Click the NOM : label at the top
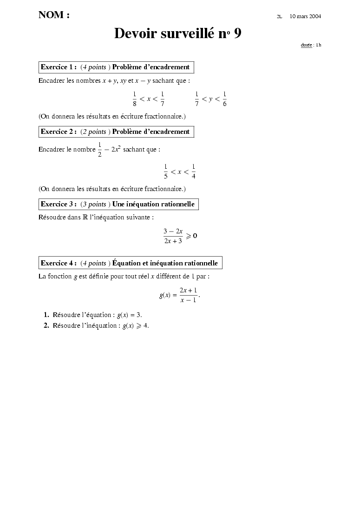[54, 15]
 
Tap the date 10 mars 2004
[305, 16]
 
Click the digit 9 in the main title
[237, 33]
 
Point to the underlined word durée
[306, 45]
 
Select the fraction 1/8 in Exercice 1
[134, 99]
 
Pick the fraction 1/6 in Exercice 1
[224, 99]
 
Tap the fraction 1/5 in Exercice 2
[165, 172]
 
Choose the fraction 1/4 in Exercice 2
[193, 172]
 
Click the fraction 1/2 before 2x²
[99, 150]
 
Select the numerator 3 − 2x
[173, 231]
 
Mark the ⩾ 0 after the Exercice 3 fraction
[192, 236]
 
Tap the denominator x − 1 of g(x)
[188, 300]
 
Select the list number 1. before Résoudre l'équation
[46, 315]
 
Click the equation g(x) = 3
[129, 315]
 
